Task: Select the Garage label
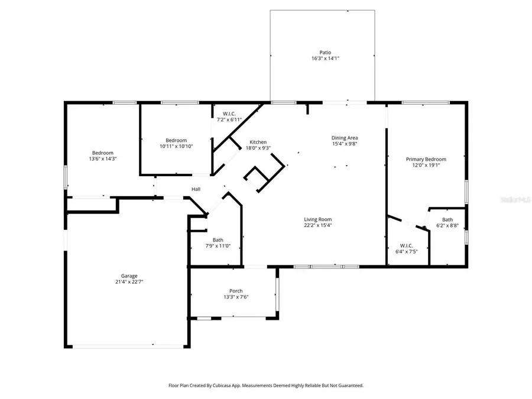pos(129,275)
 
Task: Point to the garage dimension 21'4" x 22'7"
pos(129,282)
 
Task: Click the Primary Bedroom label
pos(426,159)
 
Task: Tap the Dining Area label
pos(344,137)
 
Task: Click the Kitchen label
pos(258,142)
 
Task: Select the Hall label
pos(196,189)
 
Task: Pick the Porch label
pos(236,291)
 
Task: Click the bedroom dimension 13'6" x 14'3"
pos(102,159)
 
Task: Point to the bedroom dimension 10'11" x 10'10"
pos(176,146)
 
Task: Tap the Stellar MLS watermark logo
pos(513,200)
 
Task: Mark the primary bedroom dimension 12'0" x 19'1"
pos(426,166)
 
